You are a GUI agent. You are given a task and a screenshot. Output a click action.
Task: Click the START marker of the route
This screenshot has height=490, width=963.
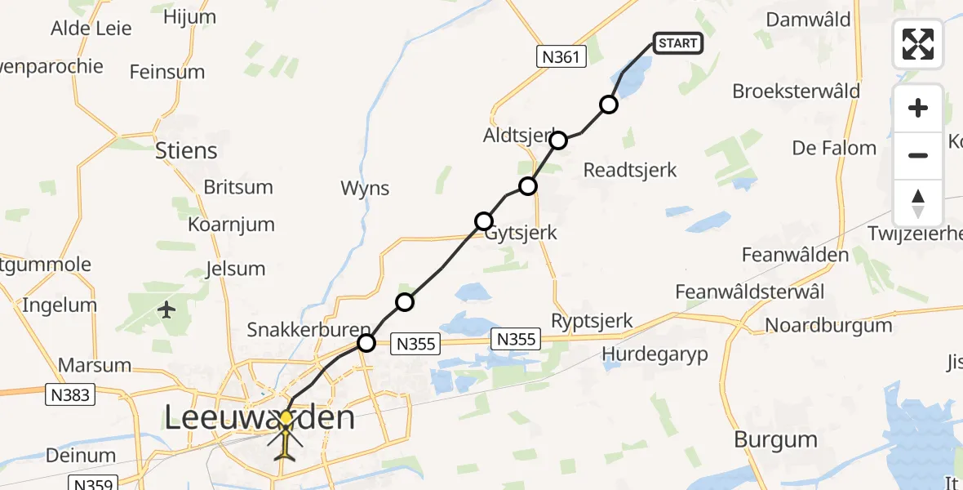(x=677, y=43)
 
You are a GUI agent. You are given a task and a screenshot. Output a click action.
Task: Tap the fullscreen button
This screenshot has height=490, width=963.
(x=918, y=44)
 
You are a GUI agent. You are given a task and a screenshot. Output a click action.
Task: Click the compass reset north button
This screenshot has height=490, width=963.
(x=918, y=203)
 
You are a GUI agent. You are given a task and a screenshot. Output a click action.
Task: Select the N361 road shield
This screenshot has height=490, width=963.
(x=561, y=56)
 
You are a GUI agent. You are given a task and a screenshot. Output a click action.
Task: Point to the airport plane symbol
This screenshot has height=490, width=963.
(x=167, y=310)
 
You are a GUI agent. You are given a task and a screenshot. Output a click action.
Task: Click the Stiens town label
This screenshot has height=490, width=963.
(x=187, y=151)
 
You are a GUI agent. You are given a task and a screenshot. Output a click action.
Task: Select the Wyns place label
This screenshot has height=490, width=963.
(x=365, y=189)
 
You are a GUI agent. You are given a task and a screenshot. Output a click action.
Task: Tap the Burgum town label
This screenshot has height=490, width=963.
(x=775, y=439)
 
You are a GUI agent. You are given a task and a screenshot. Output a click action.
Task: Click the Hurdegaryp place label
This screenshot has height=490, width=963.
(x=655, y=354)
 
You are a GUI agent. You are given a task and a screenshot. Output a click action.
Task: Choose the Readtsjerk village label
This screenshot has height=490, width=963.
(x=630, y=170)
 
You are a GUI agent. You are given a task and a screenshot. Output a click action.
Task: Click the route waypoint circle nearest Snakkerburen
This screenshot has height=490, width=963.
(x=366, y=343)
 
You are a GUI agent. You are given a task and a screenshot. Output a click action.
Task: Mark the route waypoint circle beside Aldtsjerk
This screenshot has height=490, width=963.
(x=558, y=140)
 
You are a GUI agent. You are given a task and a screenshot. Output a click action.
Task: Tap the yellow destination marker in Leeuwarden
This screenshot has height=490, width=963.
(x=286, y=417)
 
